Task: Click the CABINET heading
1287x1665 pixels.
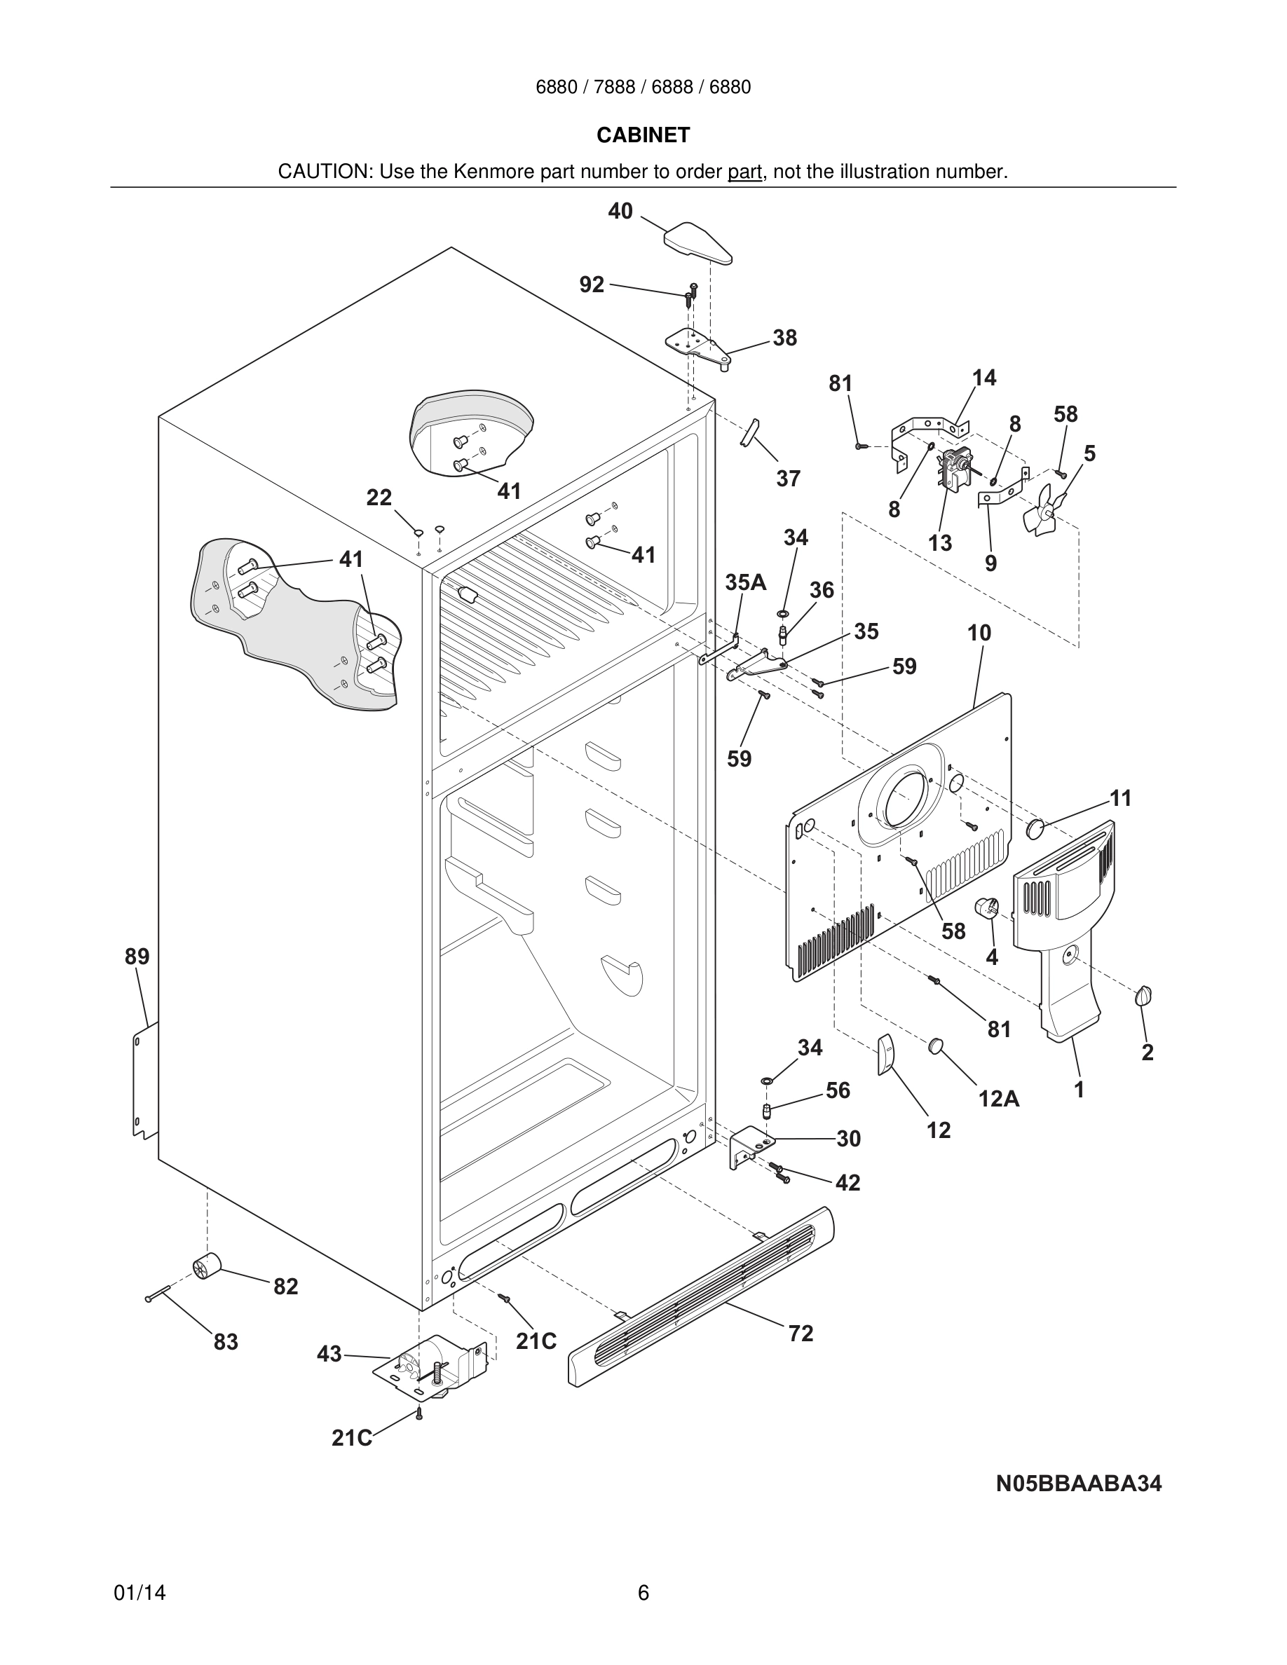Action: coord(643,135)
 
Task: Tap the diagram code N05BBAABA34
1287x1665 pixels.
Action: coord(1078,1483)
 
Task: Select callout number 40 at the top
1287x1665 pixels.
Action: coord(620,211)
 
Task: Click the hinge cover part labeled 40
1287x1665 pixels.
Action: coord(697,242)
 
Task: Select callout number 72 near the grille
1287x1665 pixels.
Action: coord(801,1334)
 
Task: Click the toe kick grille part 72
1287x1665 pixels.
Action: coord(702,1296)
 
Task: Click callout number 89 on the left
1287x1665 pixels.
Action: coord(137,956)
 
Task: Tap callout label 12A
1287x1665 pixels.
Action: coord(999,1099)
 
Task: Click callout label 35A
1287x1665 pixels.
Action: coord(745,582)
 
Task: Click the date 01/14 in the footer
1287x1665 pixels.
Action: coord(139,1593)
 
